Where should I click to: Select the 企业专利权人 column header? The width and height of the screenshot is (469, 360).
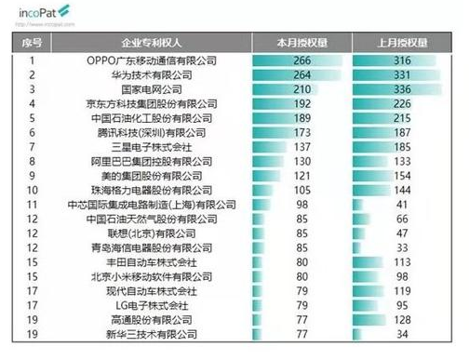point(151,44)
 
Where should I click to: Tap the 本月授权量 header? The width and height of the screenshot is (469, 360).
point(301,44)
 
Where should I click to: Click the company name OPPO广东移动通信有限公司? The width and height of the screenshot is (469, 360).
point(151,61)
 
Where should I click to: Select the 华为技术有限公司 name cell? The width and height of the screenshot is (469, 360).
point(151,74)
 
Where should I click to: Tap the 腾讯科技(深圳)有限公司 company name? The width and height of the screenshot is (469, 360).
point(151,133)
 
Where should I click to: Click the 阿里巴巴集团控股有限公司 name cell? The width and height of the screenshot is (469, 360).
point(151,161)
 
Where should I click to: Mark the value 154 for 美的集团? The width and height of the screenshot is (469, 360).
point(403,175)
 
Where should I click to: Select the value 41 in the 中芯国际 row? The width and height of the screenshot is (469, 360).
point(403,203)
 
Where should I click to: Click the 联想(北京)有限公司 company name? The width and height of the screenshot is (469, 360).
point(151,233)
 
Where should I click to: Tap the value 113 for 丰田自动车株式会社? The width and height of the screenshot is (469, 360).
point(403,262)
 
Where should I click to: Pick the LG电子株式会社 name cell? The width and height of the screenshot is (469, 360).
point(151,304)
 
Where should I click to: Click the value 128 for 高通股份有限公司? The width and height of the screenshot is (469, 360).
point(403,318)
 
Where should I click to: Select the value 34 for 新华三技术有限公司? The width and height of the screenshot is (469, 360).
point(403,333)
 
